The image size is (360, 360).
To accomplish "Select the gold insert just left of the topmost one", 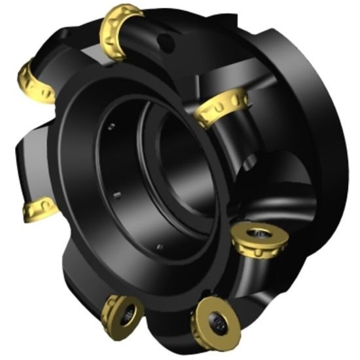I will coord(36,82).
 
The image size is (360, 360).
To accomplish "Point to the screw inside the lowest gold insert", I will coord(218,321).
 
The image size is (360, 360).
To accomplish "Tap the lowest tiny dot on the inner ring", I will coord(159,247).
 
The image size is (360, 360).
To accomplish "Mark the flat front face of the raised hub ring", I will coord(72,164).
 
